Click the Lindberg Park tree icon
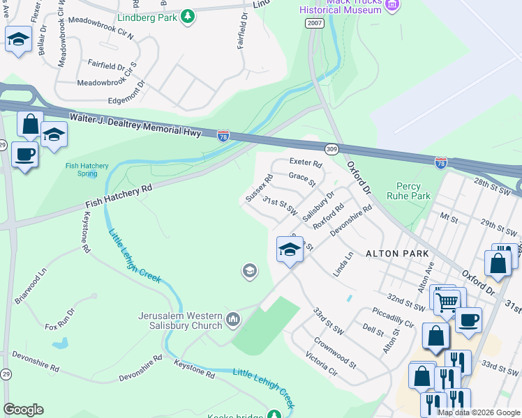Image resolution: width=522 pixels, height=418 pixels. [x=187, y=16]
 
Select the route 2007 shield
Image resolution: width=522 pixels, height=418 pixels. [x=314, y=24]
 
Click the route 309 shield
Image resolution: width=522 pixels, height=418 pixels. [x=331, y=148]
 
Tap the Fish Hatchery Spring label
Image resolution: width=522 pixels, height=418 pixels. [x=86, y=169]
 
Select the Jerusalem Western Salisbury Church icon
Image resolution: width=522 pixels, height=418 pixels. [x=233, y=320]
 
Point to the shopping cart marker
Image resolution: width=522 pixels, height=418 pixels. [x=447, y=300]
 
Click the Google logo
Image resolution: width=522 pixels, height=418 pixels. [x=23, y=410]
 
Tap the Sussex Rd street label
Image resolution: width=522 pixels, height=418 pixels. [x=259, y=188]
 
